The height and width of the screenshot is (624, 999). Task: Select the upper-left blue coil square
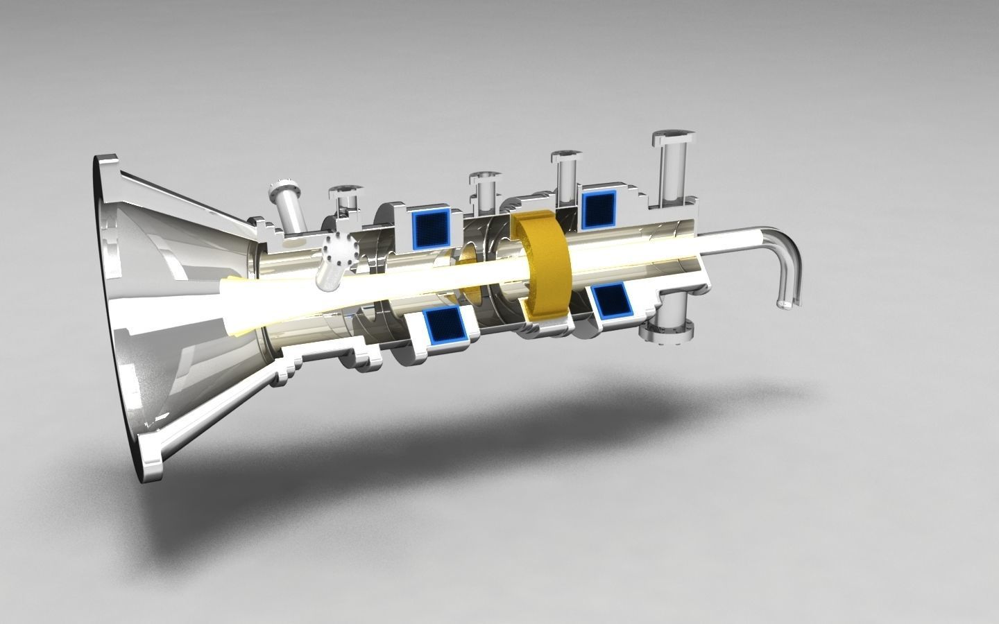point(431,228)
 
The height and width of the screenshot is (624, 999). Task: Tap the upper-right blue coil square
point(599,209)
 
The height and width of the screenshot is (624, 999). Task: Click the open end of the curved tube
point(784,303)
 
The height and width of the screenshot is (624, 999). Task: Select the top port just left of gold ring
point(484,189)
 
